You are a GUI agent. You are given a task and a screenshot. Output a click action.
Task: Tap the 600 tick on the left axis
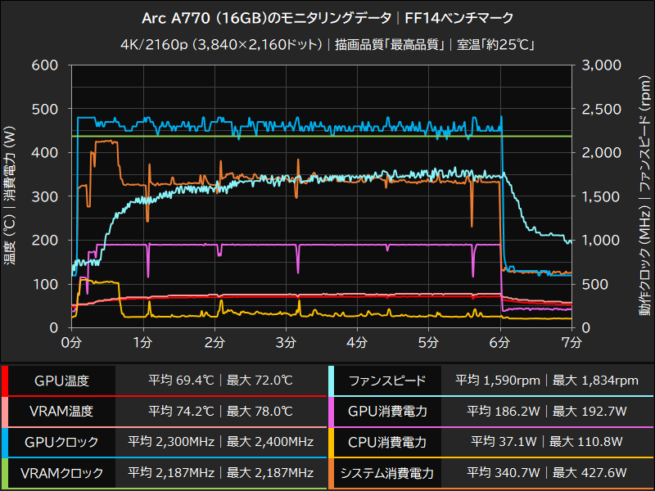coord(45,65)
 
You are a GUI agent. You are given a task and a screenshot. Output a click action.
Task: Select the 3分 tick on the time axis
coord(287,340)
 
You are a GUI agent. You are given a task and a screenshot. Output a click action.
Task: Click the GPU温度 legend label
coord(61,381)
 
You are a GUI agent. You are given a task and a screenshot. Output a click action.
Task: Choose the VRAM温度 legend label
coord(61,412)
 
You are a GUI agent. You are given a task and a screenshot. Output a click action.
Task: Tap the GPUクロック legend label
coord(61,442)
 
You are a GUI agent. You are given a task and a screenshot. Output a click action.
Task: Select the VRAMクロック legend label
coord(61,473)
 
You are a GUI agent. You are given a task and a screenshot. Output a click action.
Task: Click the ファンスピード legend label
coord(387,381)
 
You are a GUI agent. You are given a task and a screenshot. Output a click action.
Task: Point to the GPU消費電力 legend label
coord(387,412)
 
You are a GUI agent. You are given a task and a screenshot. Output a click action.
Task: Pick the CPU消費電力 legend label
coord(387,442)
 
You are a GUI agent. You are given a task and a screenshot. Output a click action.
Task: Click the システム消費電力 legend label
coord(387,473)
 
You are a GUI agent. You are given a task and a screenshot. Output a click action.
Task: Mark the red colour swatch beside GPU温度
coord(4,381)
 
